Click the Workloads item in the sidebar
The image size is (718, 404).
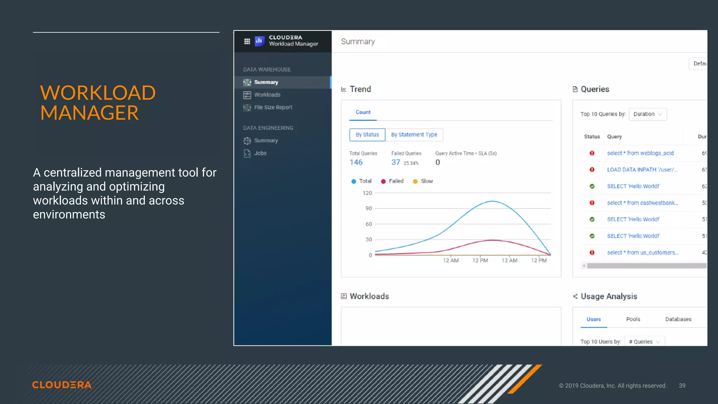coord(267,95)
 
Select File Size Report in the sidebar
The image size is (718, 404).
coord(273,107)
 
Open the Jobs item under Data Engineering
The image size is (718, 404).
coord(260,153)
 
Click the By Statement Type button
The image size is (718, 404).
coord(414,135)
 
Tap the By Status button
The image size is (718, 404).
coord(367,135)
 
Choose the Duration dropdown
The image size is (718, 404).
coord(648,114)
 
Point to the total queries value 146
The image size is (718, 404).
coord(356,162)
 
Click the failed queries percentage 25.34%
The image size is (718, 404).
coord(411,163)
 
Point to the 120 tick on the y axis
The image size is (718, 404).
coord(367,193)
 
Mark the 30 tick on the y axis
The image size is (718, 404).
coord(368,240)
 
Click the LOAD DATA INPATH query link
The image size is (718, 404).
coord(642,170)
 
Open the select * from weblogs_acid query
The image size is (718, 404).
coord(640,153)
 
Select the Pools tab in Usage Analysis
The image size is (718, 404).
coord(633,319)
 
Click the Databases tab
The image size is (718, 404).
coord(678,319)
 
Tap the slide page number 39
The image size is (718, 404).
coord(682,386)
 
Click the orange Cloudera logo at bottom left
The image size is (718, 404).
coord(62,385)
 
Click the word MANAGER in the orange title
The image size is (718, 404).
coord(89,113)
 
